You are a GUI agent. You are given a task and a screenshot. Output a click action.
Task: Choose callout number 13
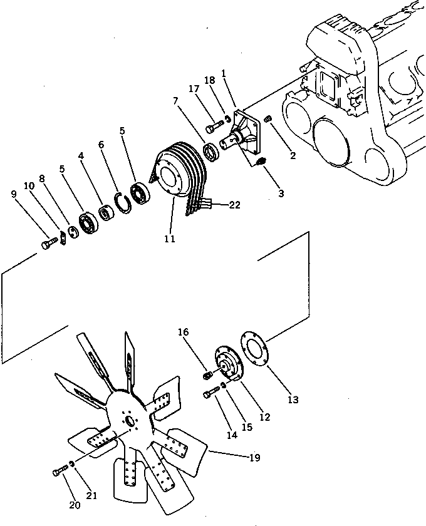pyautogui.click(x=293, y=400)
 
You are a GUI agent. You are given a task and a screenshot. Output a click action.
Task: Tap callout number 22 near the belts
pyautogui.click(x=234, y=204)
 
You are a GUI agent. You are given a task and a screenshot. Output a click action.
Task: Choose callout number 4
pyautogui.click(x=81, y=155)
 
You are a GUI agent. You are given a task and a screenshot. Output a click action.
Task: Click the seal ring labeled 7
pyautogui.click(x=210, y=151)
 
